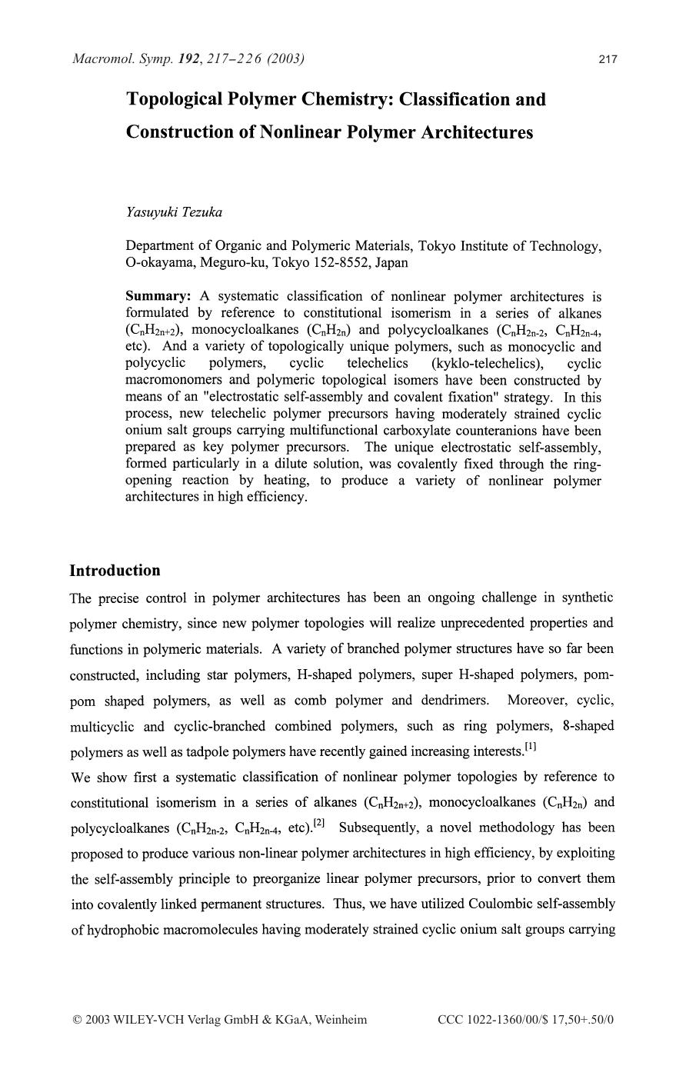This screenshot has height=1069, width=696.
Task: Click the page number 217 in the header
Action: (608, 59)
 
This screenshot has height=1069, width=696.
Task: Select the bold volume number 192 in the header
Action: (188, 58)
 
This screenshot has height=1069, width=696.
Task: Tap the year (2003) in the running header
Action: (285, 58)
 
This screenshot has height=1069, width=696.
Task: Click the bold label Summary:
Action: (158, 296)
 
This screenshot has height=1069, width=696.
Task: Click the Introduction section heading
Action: (115, 571)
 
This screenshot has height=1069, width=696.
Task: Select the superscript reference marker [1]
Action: (530, 747)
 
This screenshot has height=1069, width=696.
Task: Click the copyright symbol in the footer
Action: (76, 1020)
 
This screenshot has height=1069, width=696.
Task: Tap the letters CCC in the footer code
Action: (451, 1020)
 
